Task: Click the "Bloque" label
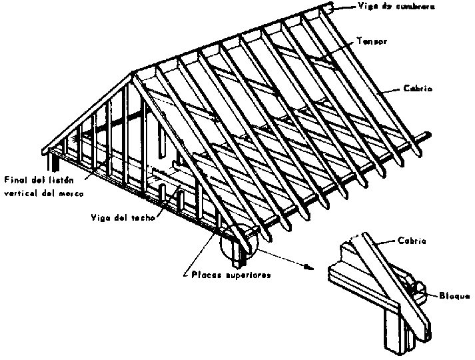click(x=454, y=295)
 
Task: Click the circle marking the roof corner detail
click(x=237, y=241)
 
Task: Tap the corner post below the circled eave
click(x=235, y=253)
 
